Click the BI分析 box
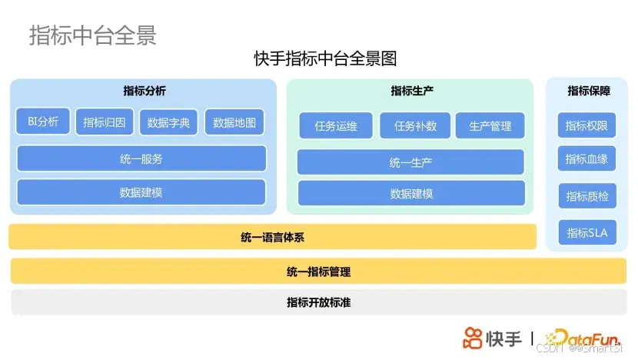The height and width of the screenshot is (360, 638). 43,122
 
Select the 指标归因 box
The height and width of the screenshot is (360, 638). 105,122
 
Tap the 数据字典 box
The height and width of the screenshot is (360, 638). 169,122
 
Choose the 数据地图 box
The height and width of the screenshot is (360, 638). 234,122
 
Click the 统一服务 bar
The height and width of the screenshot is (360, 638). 141,158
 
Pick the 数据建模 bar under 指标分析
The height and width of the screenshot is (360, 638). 141,192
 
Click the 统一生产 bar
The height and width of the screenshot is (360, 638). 410,162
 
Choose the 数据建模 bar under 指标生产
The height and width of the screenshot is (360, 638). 411,193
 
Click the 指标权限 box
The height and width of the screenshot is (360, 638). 586,125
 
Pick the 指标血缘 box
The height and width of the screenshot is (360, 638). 586,158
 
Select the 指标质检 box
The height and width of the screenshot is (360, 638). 586,196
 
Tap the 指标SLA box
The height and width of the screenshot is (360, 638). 586,232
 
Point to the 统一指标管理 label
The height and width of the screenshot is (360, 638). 318,272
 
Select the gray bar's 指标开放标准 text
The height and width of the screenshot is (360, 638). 318,302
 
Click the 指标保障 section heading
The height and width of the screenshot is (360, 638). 589,91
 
